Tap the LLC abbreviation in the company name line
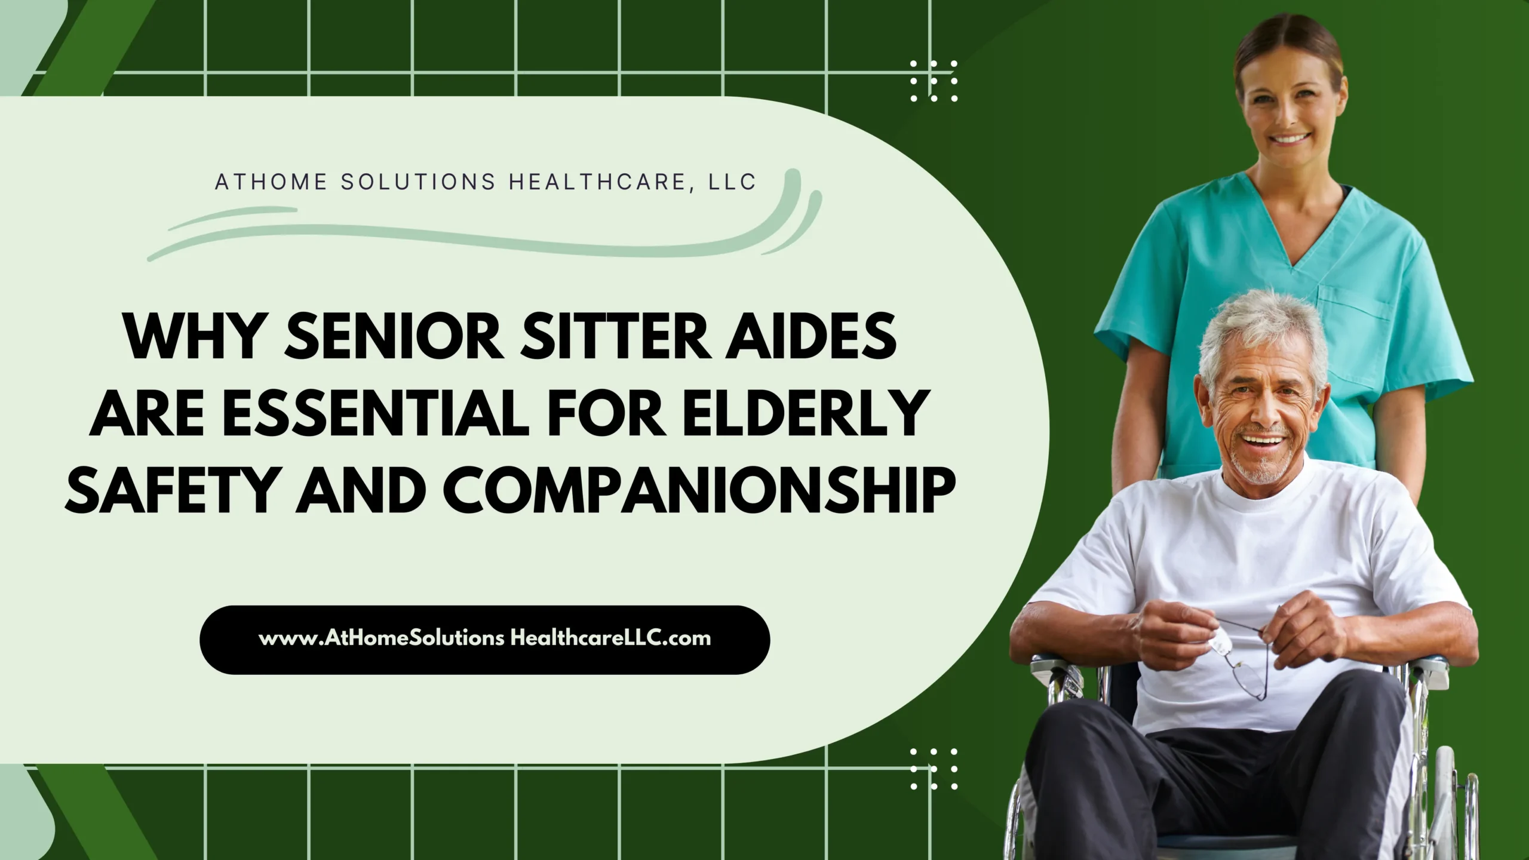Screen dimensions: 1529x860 point(732,182)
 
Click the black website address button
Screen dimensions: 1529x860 point(484,640)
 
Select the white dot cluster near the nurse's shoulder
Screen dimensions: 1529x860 point(934,81)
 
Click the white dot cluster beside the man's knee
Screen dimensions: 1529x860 point(934,769)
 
